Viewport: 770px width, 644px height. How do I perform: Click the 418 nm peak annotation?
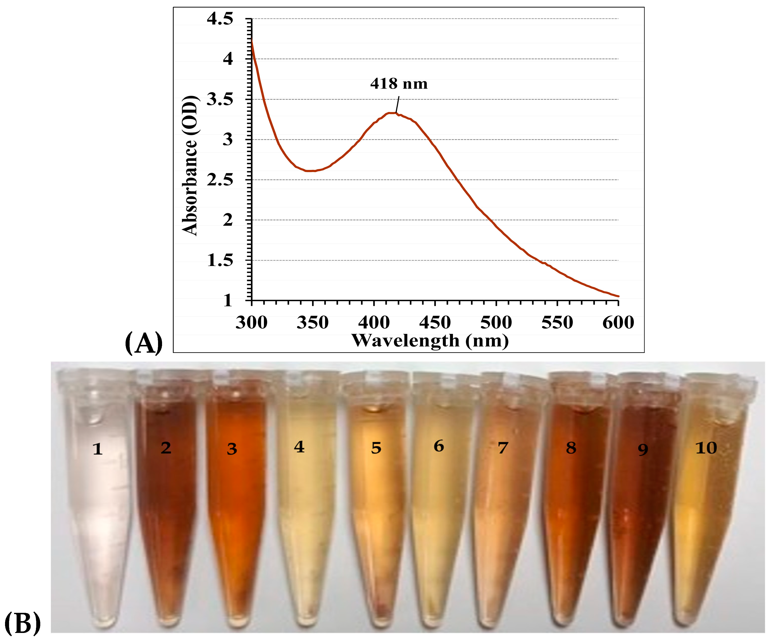[399, 84]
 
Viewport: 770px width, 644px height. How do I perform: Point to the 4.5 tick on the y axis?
[220, 19]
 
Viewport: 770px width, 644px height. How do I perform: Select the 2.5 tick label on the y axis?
[220, 180]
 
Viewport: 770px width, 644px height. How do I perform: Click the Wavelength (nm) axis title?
[430, 341]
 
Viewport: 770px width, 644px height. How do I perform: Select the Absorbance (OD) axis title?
[189, 166]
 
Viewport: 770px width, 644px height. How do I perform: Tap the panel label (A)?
[144, 343]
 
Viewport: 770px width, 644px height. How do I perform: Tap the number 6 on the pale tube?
[439, 446]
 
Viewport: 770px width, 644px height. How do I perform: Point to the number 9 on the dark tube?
[643, 449]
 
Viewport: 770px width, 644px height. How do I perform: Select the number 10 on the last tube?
[706, 448]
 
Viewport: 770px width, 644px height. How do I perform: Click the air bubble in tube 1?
[95, 418]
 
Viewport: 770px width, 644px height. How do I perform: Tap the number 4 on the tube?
[299, 447]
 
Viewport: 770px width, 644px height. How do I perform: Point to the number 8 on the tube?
[571, 448]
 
